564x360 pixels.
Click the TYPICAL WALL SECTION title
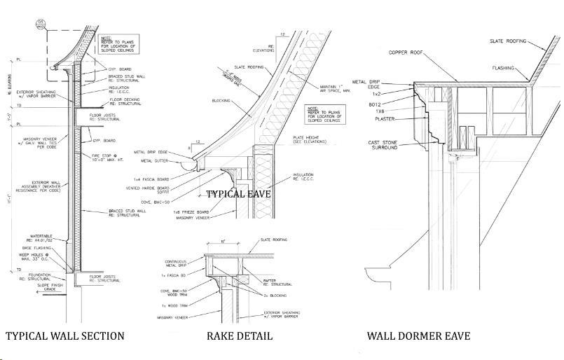click(65, 336)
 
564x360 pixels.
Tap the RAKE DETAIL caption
click(239, 336)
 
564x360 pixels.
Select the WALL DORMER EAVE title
click(418, 336)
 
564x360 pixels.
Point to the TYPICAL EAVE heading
click(238, 193)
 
